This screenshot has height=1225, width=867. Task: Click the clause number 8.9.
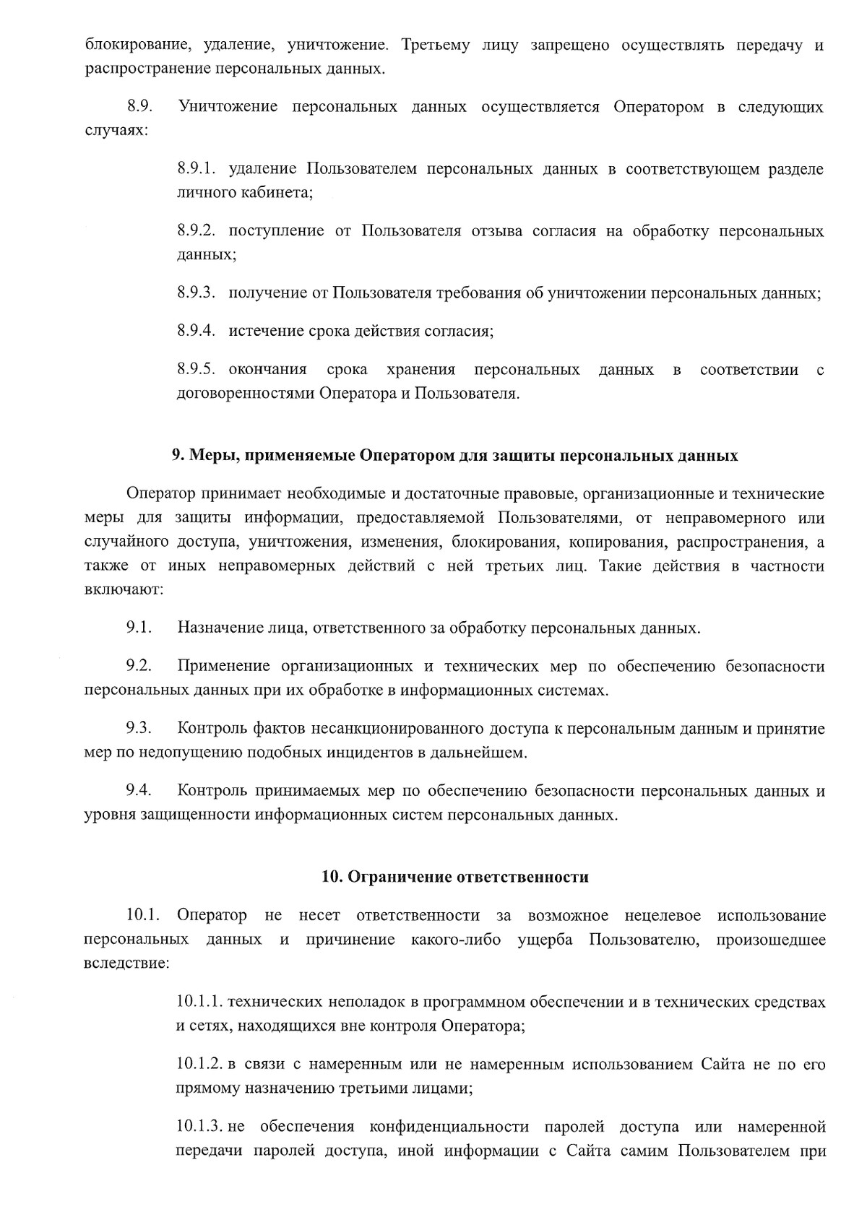coord(140,108)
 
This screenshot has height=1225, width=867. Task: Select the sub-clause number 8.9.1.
coord(197,170)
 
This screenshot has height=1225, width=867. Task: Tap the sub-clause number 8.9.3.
coord(197,293)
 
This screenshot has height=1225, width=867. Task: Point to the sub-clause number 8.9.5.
coord(197,371)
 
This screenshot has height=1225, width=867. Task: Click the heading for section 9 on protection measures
coord(454,456)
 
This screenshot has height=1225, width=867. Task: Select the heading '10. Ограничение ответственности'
coord(454,878)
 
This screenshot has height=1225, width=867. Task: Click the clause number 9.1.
coord(139,628)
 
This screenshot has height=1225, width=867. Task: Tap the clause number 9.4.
coord(139,791)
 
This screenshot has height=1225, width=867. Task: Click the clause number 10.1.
coord(142,916)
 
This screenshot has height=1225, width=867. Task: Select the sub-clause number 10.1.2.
coord(200,1065)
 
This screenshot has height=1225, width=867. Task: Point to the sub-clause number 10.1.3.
coord(200,1127)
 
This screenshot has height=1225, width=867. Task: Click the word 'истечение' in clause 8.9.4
coord(259,332)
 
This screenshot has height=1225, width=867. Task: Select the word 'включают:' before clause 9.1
coord(124,589)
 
